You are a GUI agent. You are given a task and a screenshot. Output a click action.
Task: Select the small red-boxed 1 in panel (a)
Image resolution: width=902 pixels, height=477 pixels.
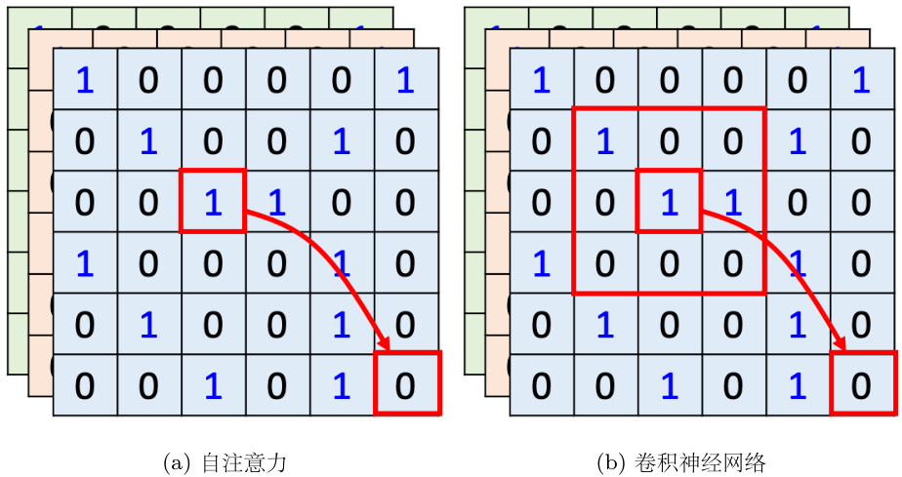[212, 201]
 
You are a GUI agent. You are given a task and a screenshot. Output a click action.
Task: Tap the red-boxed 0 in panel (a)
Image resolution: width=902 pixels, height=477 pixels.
[406, 385]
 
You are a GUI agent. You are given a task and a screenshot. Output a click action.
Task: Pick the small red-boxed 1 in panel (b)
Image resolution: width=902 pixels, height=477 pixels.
[669, 201]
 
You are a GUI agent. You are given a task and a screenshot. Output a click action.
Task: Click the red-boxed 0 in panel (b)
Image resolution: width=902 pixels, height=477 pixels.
[862, 385]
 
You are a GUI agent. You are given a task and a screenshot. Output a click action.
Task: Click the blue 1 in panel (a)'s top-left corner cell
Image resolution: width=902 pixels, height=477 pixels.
[85, 80]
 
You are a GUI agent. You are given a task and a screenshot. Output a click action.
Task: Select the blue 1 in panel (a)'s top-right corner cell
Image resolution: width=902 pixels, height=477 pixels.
[406, 80]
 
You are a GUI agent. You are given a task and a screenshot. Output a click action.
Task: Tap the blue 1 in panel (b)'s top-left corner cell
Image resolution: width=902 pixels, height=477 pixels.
[541, 80]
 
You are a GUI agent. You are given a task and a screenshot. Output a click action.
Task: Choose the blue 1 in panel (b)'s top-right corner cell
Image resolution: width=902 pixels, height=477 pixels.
[862, 80]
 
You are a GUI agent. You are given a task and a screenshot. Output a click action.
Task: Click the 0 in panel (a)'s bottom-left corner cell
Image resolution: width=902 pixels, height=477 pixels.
[85, 385]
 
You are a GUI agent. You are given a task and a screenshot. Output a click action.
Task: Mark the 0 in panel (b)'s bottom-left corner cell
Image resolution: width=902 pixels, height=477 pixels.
[541, 385]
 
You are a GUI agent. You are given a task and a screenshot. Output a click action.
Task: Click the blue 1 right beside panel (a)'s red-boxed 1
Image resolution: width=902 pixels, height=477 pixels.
[276, 201]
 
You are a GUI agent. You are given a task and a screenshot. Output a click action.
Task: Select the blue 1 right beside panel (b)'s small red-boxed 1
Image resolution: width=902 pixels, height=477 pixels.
[733, 201]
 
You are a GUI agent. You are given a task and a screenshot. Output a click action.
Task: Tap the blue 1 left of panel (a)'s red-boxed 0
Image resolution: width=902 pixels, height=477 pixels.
[342, 385]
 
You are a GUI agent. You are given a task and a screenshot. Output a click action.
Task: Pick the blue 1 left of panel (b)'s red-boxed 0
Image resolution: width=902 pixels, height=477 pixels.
[798, 385]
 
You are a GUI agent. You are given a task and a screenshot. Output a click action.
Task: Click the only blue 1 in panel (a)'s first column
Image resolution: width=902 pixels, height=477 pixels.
[85, 262]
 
